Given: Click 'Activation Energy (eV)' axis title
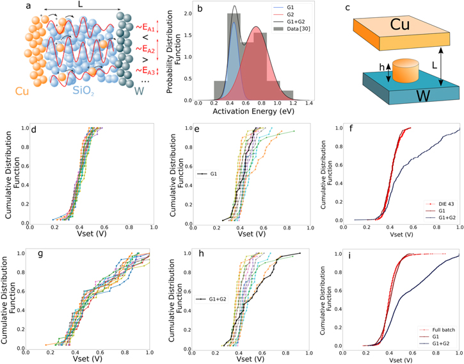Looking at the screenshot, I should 253,113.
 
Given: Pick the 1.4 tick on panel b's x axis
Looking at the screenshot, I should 309,104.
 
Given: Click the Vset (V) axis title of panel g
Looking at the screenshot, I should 87,360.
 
